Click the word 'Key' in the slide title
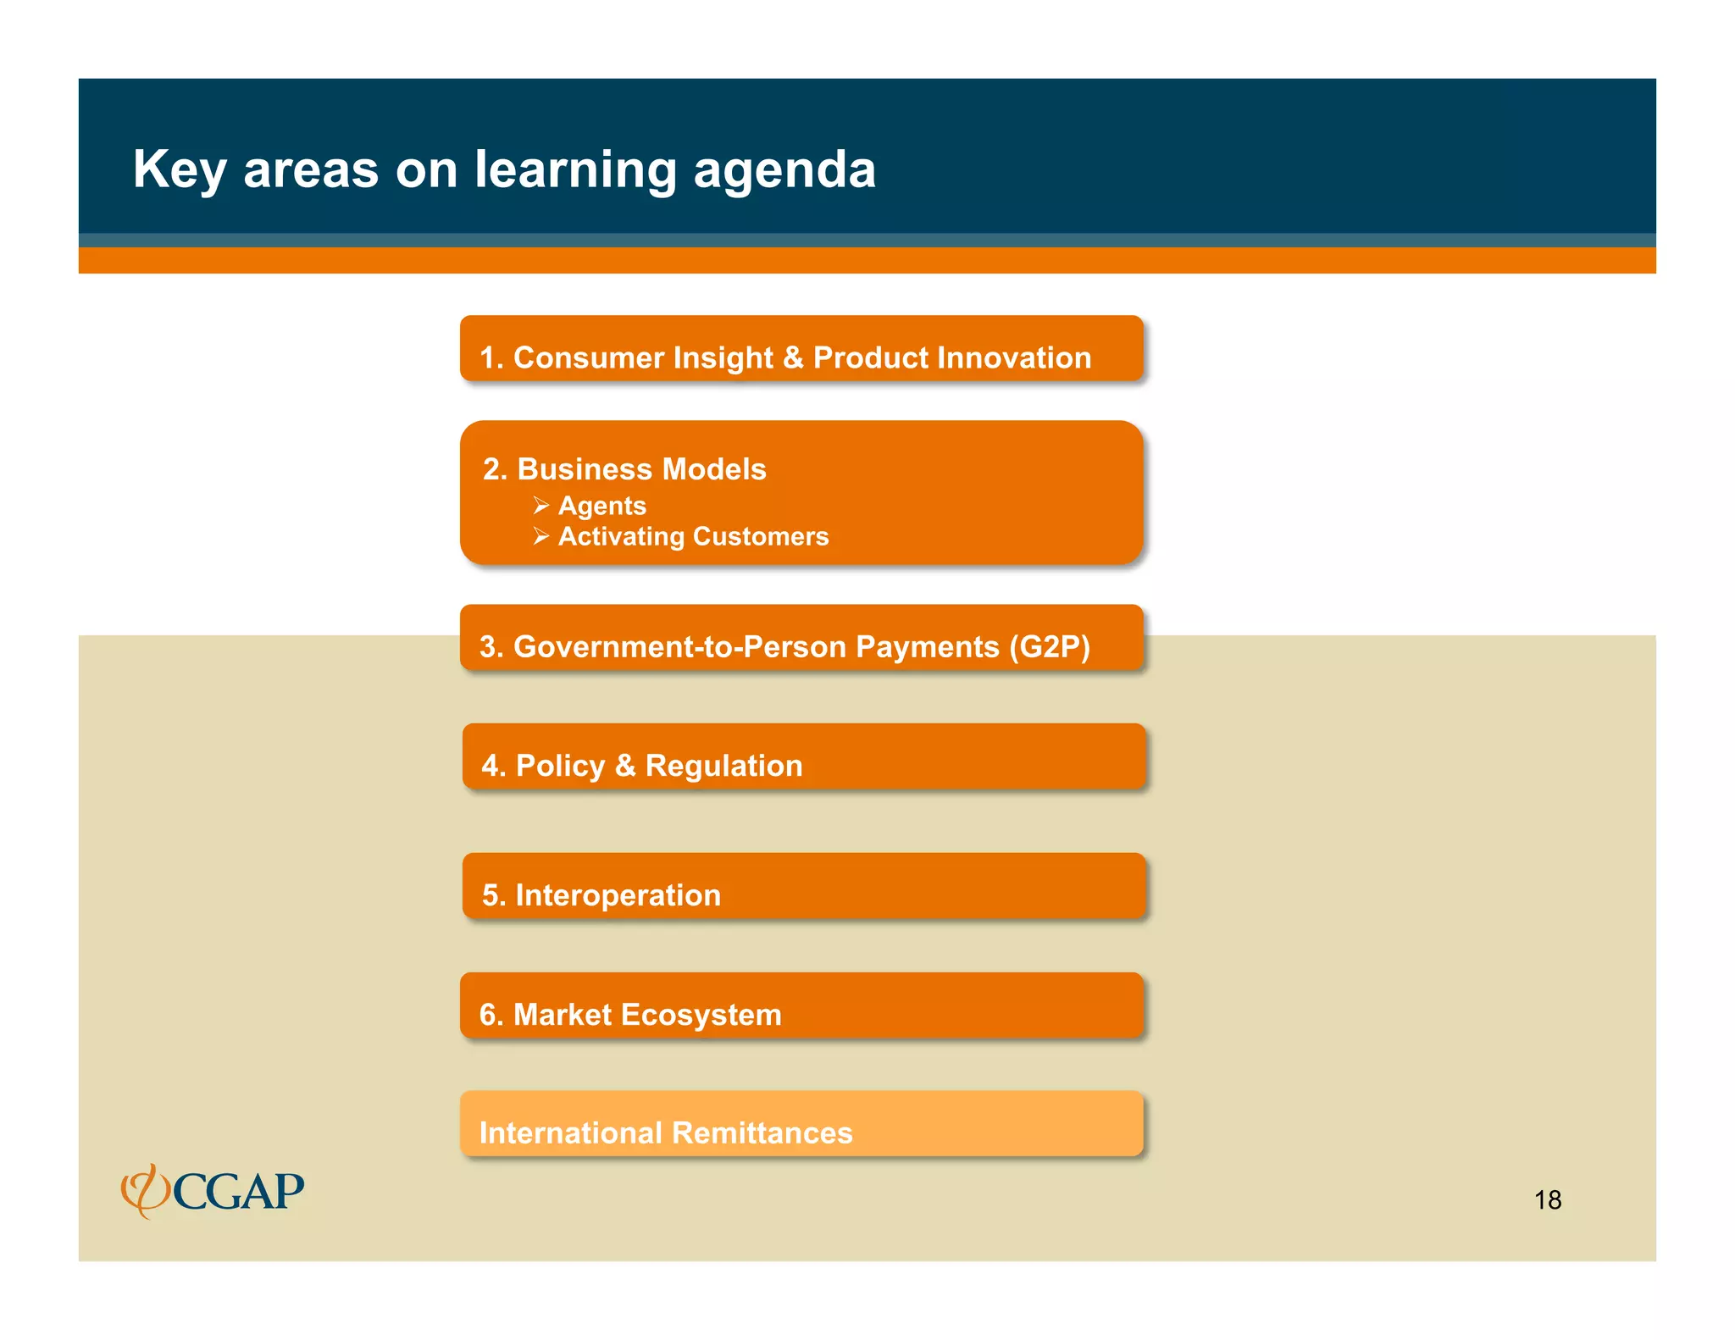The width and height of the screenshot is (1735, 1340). pos(179,170)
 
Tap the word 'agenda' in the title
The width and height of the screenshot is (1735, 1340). pos(784,170)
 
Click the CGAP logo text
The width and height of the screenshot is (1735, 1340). pos(239,1192)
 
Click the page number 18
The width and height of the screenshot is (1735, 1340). pos(1547,1199)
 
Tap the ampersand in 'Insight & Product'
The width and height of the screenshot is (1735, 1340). pos(793,357)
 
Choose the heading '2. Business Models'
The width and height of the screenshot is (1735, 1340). pos(624,469)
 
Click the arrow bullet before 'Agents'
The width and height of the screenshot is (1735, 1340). pos(541,506)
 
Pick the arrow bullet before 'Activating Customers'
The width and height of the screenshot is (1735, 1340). pos(541,536)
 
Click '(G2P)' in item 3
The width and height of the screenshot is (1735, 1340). pos(1049,646)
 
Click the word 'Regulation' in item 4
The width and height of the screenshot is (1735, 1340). pos(723,766)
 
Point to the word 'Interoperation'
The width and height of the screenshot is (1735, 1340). pos(618,895)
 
